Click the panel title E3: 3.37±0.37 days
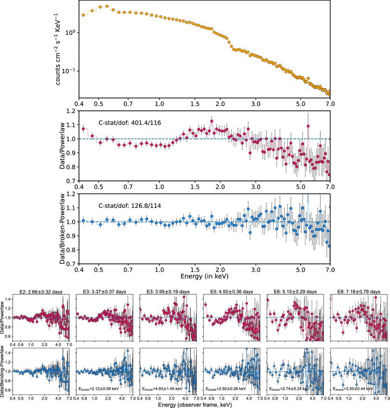point(104,292)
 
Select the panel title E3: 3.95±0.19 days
point(167,292)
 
